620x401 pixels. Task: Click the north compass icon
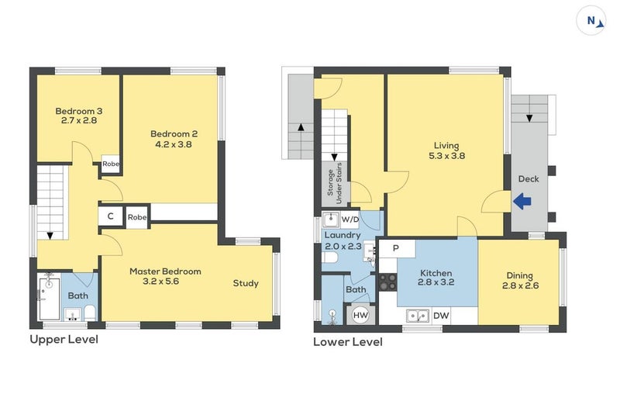591,21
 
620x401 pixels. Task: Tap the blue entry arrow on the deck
522,201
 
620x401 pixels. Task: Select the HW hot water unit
360,315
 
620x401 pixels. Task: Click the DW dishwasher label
441,316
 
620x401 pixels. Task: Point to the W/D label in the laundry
350,220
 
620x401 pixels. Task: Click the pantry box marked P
397,249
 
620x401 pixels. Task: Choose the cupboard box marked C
110,216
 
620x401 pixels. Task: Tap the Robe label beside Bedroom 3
111,164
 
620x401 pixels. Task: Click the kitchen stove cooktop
388,282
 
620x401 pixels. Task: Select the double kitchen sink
418,316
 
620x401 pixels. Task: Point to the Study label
246,283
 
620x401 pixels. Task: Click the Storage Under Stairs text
335,183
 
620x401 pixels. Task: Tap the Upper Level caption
64,339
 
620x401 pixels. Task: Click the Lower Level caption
348,341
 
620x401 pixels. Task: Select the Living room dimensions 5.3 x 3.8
447,156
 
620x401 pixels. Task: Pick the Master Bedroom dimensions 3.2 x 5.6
161,282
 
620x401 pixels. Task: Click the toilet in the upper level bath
90,313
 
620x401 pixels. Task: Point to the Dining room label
520,275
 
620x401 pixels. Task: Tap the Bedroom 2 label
174,134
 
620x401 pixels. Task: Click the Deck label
529,179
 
